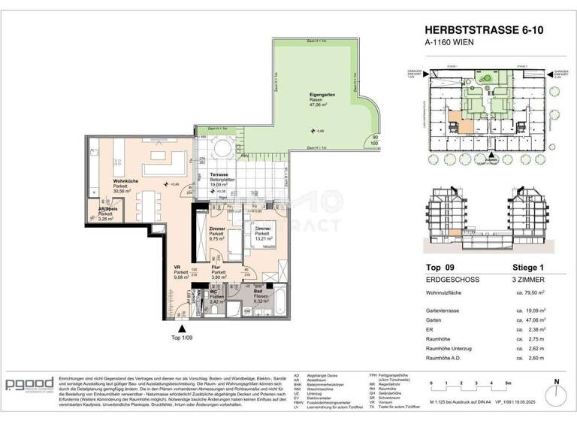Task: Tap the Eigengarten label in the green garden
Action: pos(321,95)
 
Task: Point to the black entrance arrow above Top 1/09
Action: pos(180,329)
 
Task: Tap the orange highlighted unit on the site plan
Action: pos(455,121)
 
